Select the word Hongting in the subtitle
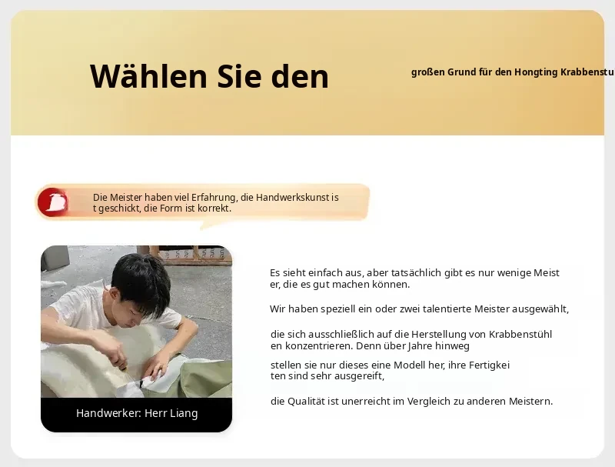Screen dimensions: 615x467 tap(536, 72)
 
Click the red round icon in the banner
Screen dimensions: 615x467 tap(52, 202)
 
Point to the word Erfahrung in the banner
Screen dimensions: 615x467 tap(214, 198)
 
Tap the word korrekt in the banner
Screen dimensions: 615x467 tap(214, 208)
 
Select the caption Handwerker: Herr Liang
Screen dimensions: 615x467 tap(137, 413)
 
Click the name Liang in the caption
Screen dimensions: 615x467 tap(184, 414)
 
